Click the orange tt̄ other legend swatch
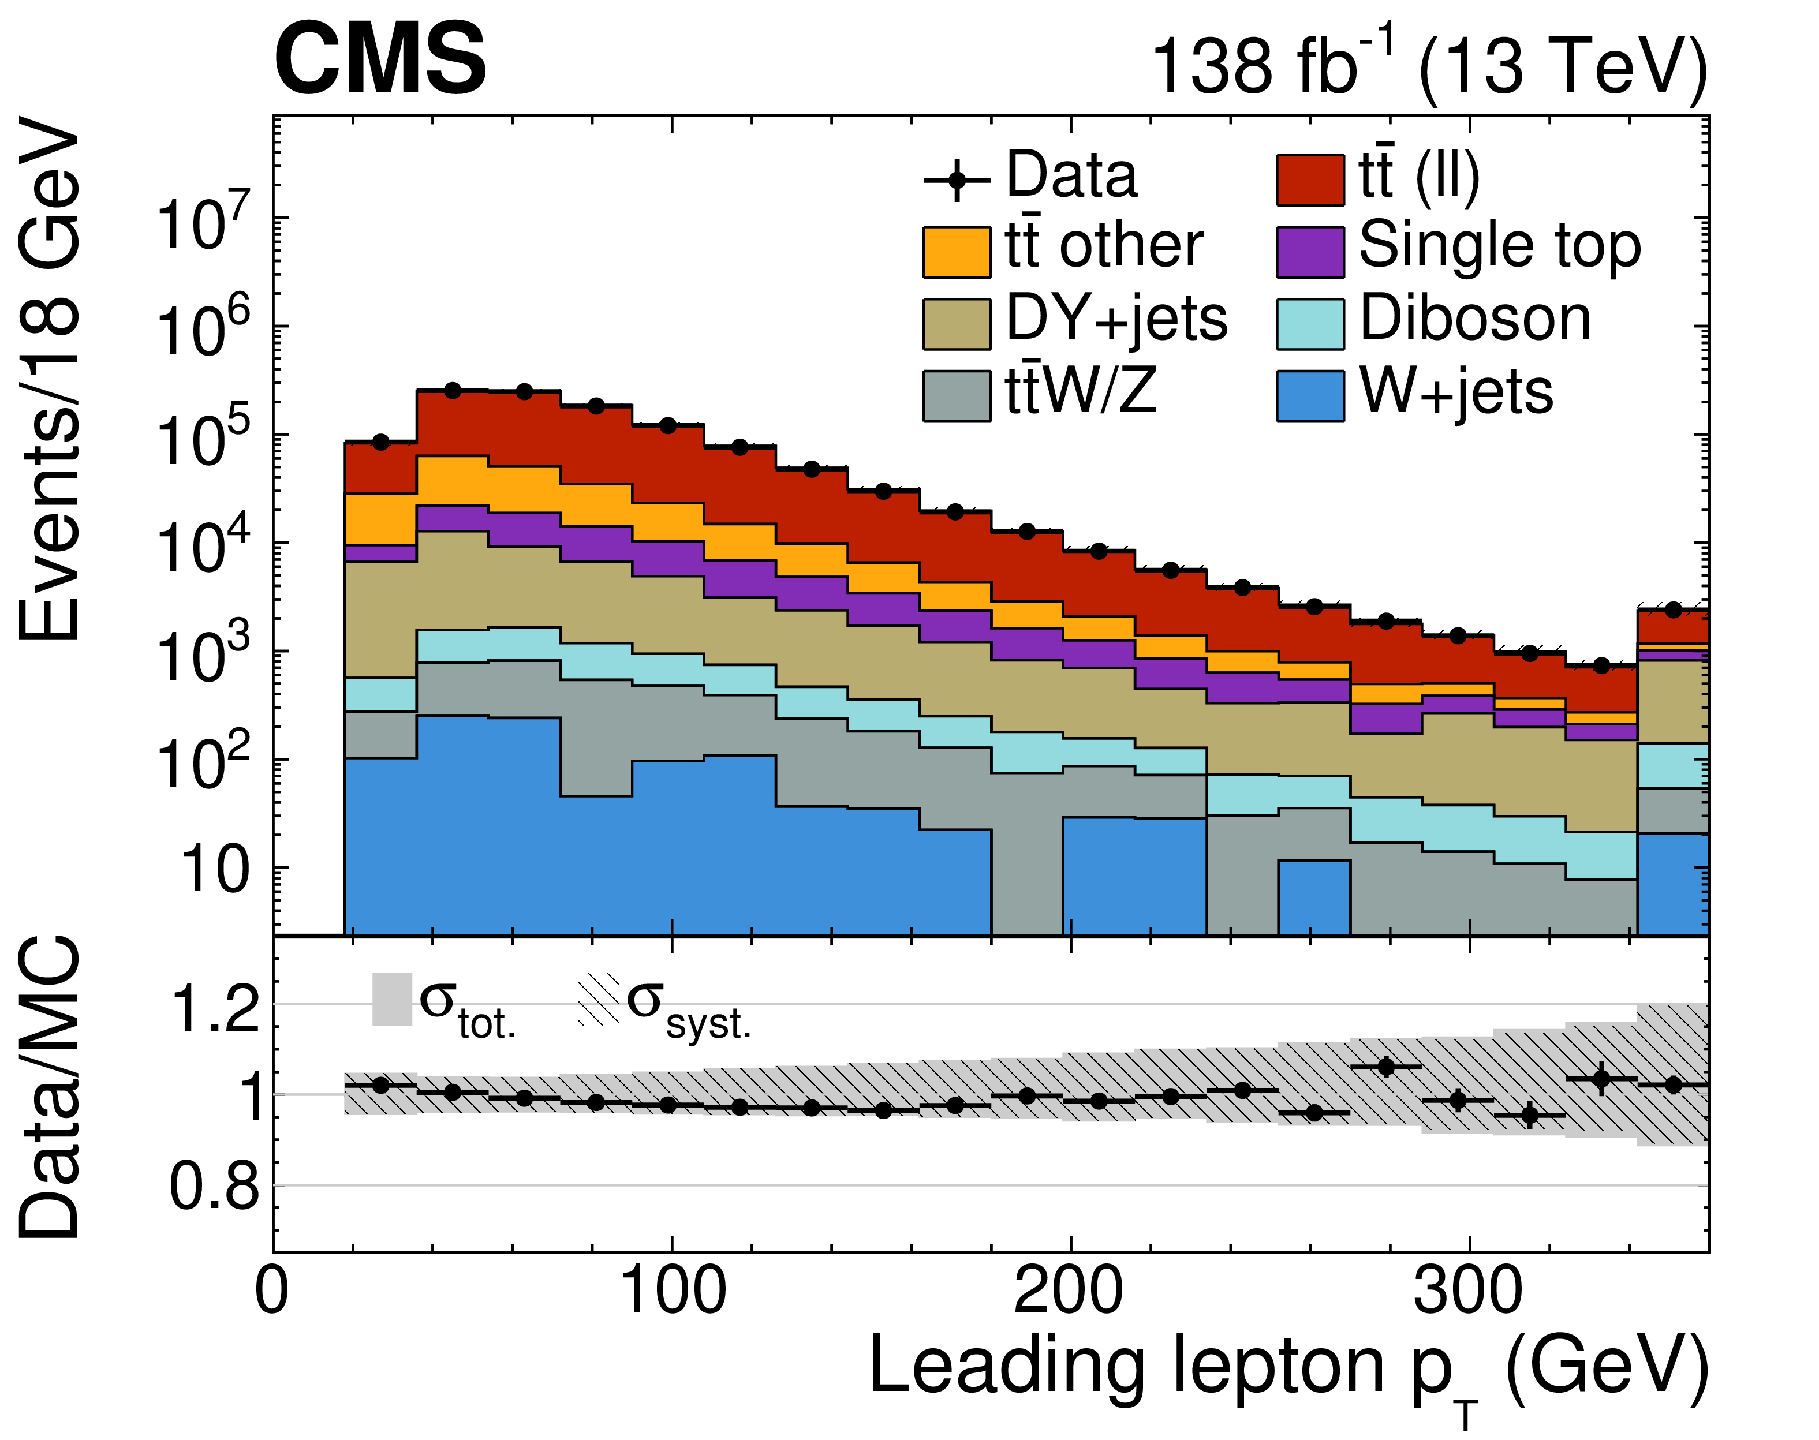957,251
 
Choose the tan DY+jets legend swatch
957,324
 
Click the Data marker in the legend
957,179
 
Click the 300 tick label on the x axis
1467,1291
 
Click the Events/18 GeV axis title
51,379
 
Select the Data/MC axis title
51,1087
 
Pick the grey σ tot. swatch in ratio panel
391,999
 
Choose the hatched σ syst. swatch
598,999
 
